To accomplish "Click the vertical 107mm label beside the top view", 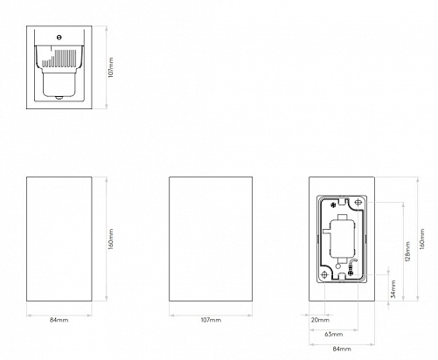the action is [111, 67].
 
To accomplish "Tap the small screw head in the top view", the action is [59, 38].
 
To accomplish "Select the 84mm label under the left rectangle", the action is [59, 320].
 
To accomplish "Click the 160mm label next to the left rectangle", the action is [111, 239].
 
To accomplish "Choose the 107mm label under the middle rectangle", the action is [211, 320].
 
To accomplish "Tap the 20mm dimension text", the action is [320, 320].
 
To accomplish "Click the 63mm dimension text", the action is [334, 334].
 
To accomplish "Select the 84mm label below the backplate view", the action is [342, 349].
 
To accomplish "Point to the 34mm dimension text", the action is [393, 288].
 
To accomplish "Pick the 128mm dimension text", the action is [407, 252].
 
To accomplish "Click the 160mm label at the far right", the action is [422, 239].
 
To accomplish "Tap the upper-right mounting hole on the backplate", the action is [358, 202].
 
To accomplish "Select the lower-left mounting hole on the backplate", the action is [324, 274].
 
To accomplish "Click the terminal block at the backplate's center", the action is [342, 239].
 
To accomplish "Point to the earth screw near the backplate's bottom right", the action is [351, 273].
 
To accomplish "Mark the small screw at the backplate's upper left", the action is [332, 205].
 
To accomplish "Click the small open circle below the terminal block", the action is [338, 266].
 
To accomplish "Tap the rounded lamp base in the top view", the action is [59, 85].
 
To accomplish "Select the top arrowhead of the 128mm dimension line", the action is [403, 204].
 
